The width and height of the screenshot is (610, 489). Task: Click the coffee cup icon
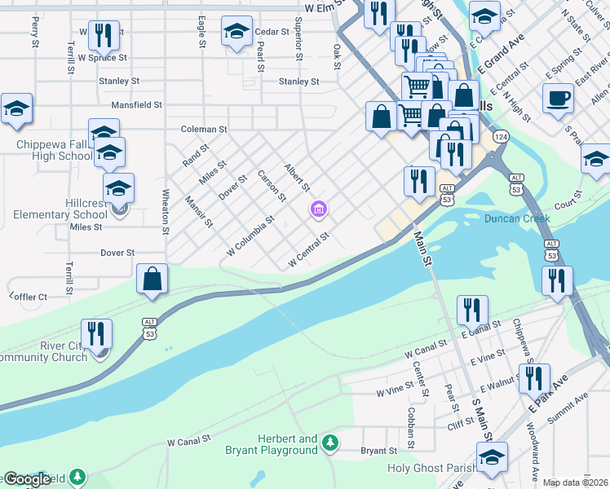coord(559,98)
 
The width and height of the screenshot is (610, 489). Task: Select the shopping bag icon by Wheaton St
coord(152,279)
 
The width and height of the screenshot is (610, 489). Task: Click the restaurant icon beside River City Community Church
coord(97,333)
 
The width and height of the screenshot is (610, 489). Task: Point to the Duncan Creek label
coord(517,218)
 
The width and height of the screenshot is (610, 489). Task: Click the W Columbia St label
coord(251,234)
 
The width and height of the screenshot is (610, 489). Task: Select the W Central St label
coord(308,250)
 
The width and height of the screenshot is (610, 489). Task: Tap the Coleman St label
coord(204,129)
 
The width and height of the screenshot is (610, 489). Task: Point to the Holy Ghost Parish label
coord(424,468)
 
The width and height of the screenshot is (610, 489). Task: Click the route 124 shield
coord(500,137)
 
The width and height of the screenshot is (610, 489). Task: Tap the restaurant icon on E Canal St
coord(472,310)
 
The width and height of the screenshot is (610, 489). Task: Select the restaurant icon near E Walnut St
coord(534,378)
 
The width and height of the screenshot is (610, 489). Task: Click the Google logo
coord(26,478)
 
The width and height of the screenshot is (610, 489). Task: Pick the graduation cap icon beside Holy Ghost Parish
coord(492,457)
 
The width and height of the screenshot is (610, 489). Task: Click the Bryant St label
coord(379,450)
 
